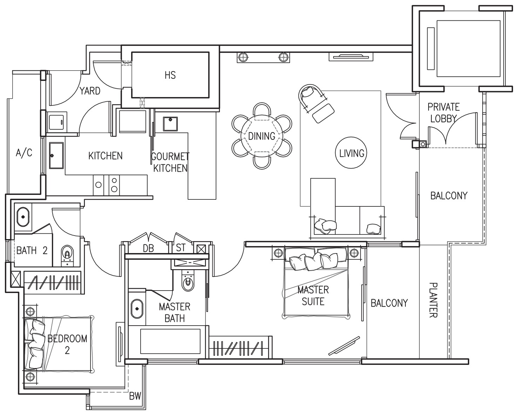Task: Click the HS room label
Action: coord(170,75)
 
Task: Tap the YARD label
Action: coord(90,91)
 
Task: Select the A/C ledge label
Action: coord(24,153)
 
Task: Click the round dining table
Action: coord(262,136)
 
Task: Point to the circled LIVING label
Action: coord(351,153)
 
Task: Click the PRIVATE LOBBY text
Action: coord(443,113)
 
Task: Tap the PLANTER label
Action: coord(433,300)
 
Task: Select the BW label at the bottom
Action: coord(135,396)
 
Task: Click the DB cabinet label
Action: coord(148,249)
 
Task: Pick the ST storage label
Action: coord(181,247)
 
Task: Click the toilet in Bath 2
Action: coord(67,255)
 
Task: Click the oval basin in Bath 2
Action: coord(23,217)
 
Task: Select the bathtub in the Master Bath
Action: coord(170,341)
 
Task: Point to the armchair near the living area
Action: coord(316,103)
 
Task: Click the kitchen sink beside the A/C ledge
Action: coord(56,155)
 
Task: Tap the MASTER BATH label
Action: coord(175,313)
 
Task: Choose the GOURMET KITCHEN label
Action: coord(170,162)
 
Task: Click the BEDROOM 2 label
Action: coord(67,345)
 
